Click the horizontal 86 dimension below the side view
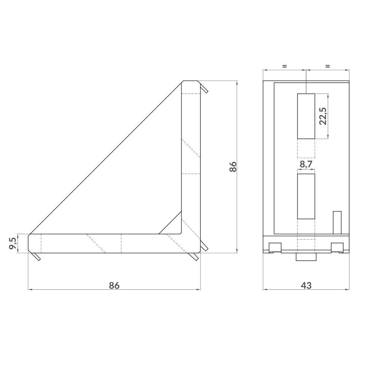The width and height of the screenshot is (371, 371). (x=114, y=285)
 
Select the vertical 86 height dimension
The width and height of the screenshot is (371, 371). (x=233, y=167)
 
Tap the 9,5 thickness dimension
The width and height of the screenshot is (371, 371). (x=13, y=243)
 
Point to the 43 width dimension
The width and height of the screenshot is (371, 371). (x=306, y=285)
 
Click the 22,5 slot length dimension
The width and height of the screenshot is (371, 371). (x=322, y=116)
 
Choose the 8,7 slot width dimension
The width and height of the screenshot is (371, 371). (x=306, y=164)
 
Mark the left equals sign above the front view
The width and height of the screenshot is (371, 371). (x=284, y=66)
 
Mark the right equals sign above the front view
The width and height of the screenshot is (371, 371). (x=327, y=66)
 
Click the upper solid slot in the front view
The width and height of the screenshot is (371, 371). (x=306, y=116)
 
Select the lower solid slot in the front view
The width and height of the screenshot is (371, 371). (x=306, y=196)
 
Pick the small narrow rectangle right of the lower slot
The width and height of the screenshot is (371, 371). (x=337, y=222)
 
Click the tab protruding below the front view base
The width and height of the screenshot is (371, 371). (x=306, y=257)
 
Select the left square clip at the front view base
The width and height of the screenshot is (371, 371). (x=275, y=247)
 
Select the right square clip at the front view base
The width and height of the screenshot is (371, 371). (x=337, y=247)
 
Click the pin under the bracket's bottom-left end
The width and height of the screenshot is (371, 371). (x=36, y=257)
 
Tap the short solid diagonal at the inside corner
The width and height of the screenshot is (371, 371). (x=170, y=223)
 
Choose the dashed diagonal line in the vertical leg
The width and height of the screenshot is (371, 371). (x=191, y=150)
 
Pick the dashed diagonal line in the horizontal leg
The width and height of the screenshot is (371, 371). (x=96, y=244)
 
